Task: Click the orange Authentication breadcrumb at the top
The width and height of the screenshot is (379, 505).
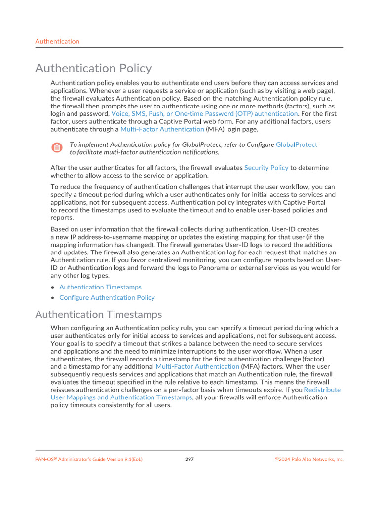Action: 57,41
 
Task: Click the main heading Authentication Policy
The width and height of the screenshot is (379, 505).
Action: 93,68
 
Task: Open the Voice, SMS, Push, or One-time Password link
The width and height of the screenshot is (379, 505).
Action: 204,113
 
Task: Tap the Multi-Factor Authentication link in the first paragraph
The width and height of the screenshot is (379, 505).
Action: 162,129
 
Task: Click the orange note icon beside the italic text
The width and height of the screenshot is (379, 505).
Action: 57,147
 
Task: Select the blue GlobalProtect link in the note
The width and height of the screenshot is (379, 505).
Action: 296,144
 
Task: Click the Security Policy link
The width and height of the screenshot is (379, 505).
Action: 266,168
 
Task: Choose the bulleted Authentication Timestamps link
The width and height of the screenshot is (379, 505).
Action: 100,287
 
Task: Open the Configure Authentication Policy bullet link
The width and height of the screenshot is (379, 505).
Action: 107,298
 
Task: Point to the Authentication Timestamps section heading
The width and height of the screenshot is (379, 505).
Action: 98,314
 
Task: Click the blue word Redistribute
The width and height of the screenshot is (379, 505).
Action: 322,390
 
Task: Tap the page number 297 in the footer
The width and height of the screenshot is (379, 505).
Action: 189,459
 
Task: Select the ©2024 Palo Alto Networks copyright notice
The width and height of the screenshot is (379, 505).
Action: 309,459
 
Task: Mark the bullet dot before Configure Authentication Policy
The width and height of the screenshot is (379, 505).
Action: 53,298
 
